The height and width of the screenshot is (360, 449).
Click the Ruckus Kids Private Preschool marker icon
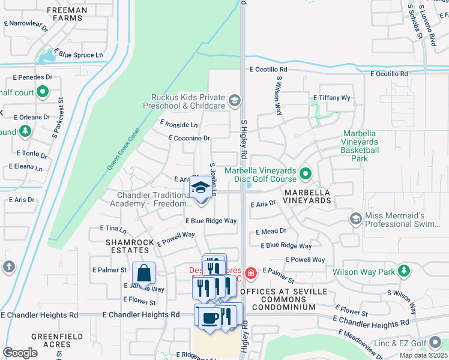click(x=235, y=100)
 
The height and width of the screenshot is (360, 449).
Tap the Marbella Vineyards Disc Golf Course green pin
click(x=306, y=175)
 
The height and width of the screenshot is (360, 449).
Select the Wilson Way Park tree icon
click(x=405, y=271)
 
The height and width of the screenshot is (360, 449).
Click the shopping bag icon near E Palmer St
click(x=144, y=274)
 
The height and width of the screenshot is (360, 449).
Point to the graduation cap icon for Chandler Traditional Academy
click(x=200, y=189)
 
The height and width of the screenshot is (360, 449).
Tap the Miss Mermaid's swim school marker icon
click(x=356, y=219)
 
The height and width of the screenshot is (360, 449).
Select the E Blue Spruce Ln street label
click(x=79, y=55)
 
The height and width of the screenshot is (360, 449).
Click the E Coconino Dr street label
click(x=189, y=138)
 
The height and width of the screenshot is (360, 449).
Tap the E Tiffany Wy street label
click(x=331, y=97)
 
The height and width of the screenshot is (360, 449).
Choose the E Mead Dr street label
click(x=271, y=231)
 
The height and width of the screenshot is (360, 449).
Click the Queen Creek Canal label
click(x=123, y=149)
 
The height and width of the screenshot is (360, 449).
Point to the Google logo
click(x=20, y=353)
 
